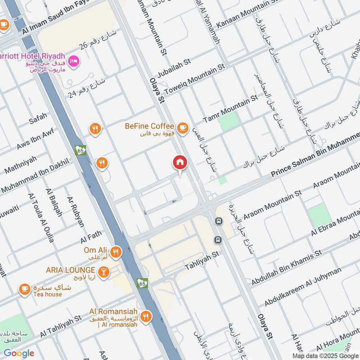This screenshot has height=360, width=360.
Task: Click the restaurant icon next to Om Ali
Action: pos(116,252)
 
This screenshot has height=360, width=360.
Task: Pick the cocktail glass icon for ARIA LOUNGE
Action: pos(104,272)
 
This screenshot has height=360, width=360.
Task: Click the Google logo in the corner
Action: pos(19,353)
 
